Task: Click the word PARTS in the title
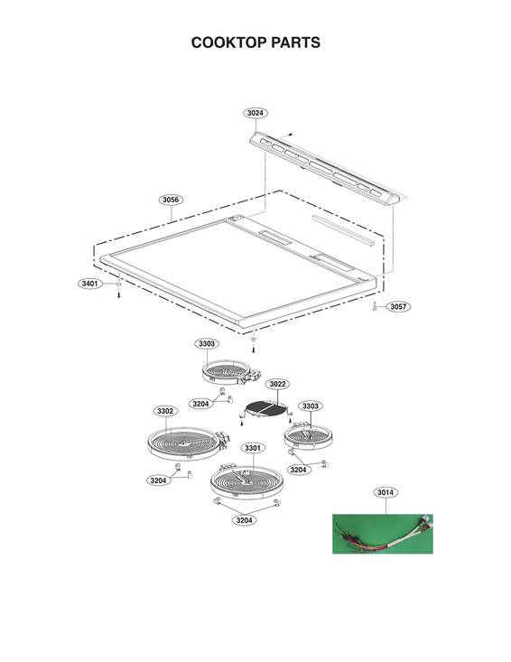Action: coord(293,42)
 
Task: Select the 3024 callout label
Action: coord(255,113)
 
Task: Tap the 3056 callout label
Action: coord(170,199)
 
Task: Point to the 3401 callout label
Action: coord(89,284)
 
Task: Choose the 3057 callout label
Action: coord(398,307)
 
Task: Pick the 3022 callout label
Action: coord(277,384)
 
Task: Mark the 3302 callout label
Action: coord(165,411)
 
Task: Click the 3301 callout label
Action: coord(252,448)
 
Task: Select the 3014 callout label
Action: coord(386,492)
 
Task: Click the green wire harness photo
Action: coord(382,534)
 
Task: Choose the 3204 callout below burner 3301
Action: coord(244,519)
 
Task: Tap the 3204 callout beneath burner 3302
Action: coord(159,480)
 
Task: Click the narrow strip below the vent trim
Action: coord(342,232)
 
